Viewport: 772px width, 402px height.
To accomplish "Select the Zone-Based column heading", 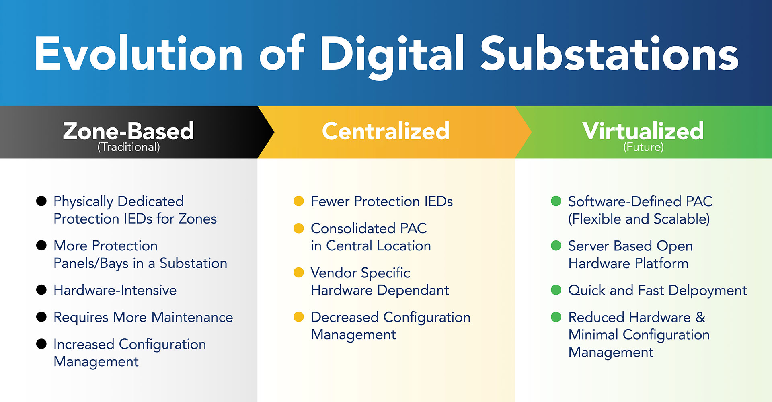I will click(128, 131).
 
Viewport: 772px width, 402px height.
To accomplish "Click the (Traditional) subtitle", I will click(128, 147).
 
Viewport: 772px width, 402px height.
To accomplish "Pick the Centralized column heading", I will click(386, 131).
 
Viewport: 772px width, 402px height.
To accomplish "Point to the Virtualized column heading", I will click(643, 131).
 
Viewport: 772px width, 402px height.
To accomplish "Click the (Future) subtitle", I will click(643, 147).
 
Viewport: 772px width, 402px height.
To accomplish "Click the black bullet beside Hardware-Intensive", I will click(41, 290).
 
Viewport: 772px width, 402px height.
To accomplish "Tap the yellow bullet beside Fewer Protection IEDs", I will click(299, 201).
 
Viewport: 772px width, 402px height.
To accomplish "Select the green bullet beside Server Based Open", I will click(556, 245).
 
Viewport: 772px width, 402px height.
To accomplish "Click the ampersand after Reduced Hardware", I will click(700, 317).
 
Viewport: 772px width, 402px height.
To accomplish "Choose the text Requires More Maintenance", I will click(143, 317).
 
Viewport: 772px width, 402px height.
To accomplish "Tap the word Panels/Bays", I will click(91, 263).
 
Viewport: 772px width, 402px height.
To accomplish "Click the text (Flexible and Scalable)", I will click(639, 219).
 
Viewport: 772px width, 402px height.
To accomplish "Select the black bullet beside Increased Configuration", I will click(41, 344).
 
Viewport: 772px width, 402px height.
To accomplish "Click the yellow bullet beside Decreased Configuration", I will click(299, 317).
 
